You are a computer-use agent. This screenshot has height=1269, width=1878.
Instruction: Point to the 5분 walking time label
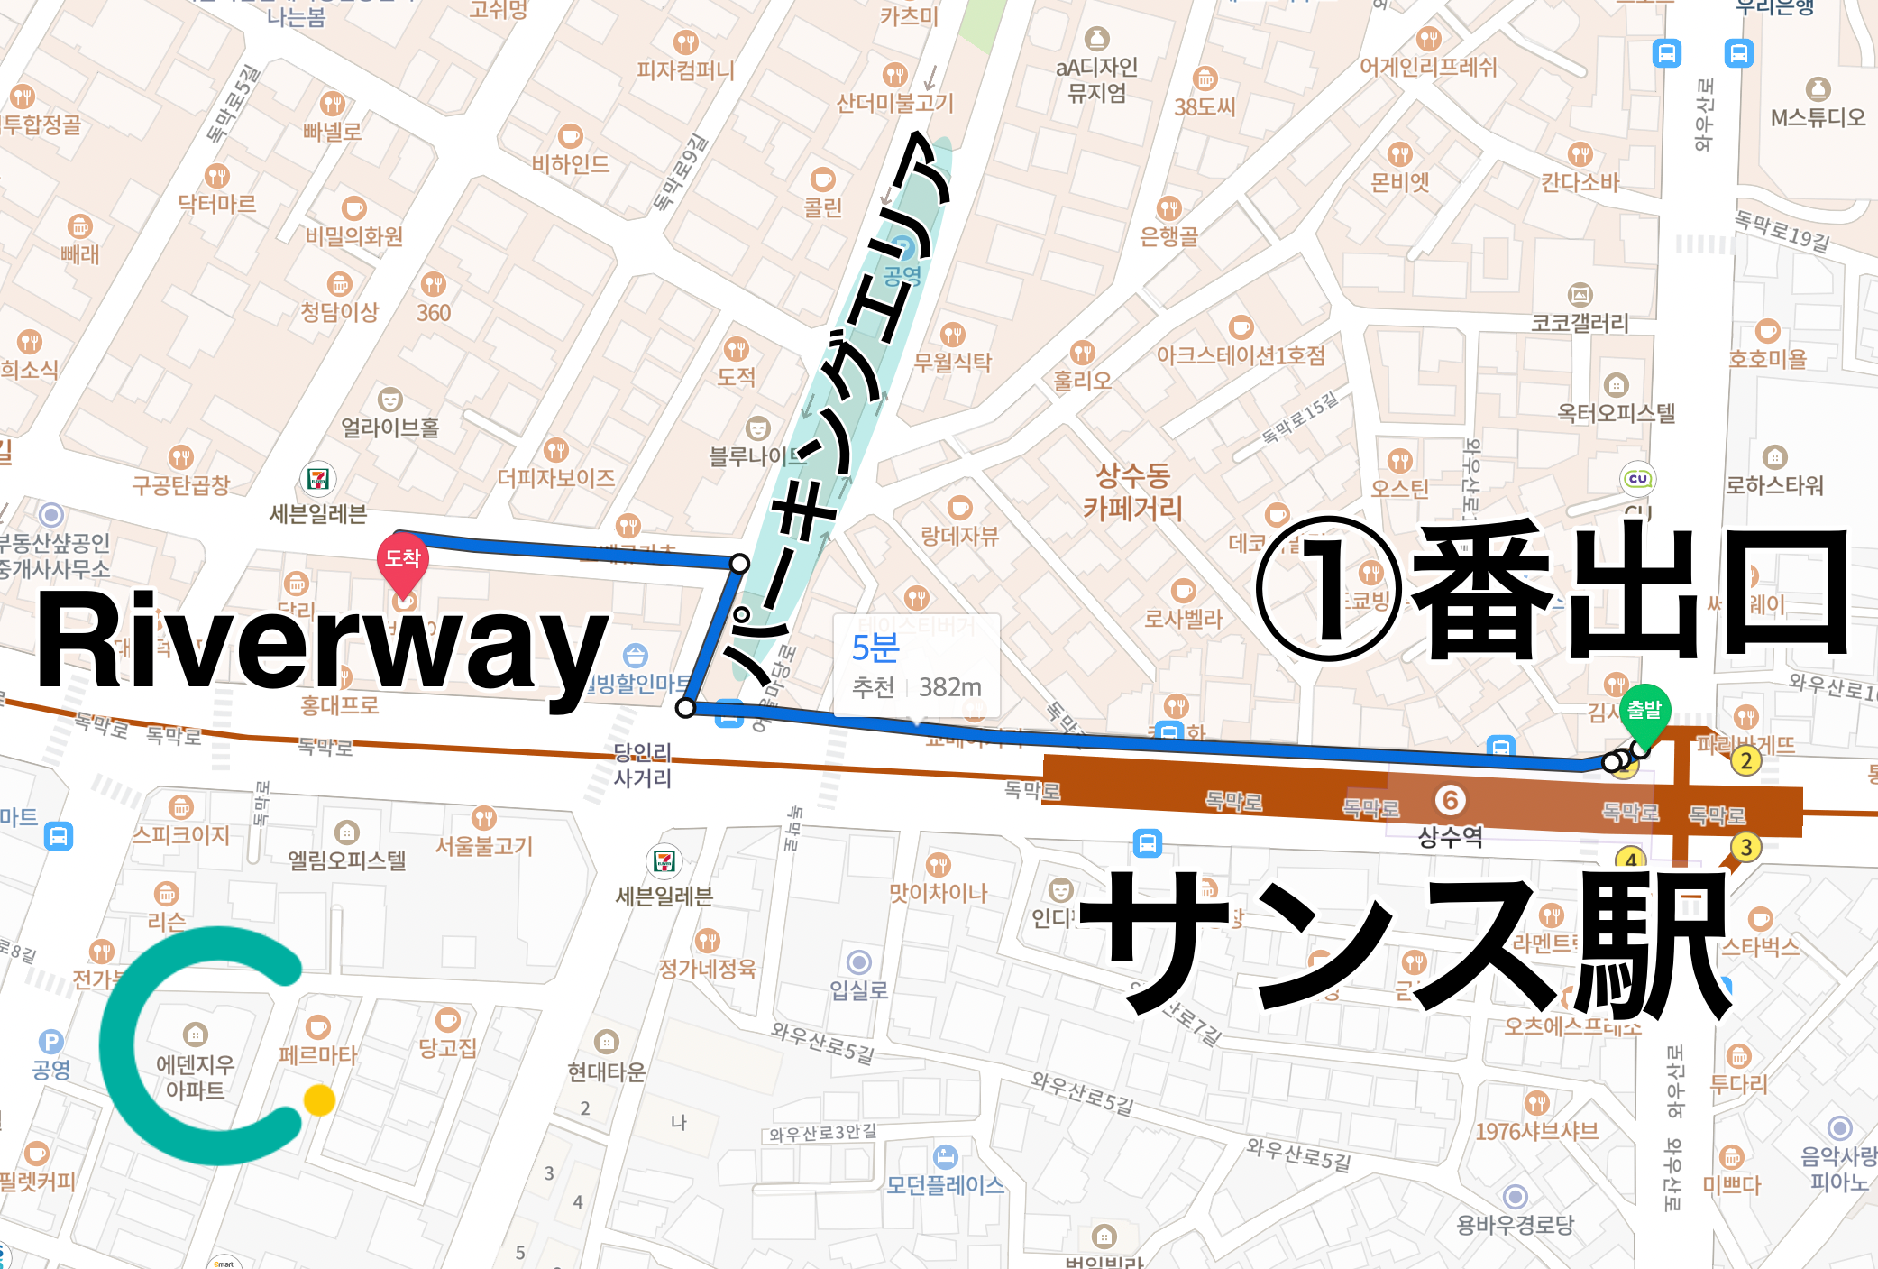pyautogui.click(x=875, y=648)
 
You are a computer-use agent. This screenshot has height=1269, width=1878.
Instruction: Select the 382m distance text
pyautogui.click(x=949, y=687)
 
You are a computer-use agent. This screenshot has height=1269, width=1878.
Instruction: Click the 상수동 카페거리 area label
pyautogui.click(x=1132, y=492)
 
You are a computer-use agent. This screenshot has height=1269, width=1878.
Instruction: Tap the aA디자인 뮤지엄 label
pyautogui.click(x=1096, y=79)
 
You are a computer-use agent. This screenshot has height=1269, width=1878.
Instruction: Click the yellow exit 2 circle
pyautogui.click(x=1746, y=761)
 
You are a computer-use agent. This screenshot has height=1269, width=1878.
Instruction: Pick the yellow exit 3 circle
pyautogui.click(x=1746, y=847)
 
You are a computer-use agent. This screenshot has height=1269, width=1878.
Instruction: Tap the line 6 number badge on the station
pyautogui.click(x=1450, y=800)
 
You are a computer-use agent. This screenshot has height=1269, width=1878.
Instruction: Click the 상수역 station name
pyautogui.click(x=1450, y=837)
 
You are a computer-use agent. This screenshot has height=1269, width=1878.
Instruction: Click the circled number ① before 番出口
pyautogui.click(x=1329, y=590)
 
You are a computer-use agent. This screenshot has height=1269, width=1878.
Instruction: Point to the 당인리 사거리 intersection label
pyautogui.click(x=642, y=765)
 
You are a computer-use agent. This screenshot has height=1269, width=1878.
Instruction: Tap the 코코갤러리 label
pyautogui.click(x=1580, y=323)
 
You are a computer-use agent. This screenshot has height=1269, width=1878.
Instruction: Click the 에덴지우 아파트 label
pyautogui.click(x=195, y=1077)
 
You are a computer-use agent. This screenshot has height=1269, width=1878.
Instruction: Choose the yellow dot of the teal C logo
pyautogui.click(x=319, y=1100)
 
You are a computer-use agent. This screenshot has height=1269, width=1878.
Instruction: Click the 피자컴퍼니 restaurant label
pyautogui.click(x=685, y=70)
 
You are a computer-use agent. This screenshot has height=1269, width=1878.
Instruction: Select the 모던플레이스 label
pyautogui.click(x=945, y=1184)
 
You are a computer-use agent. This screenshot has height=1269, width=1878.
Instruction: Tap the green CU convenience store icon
pyautogui.click(x=1637, y=479)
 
